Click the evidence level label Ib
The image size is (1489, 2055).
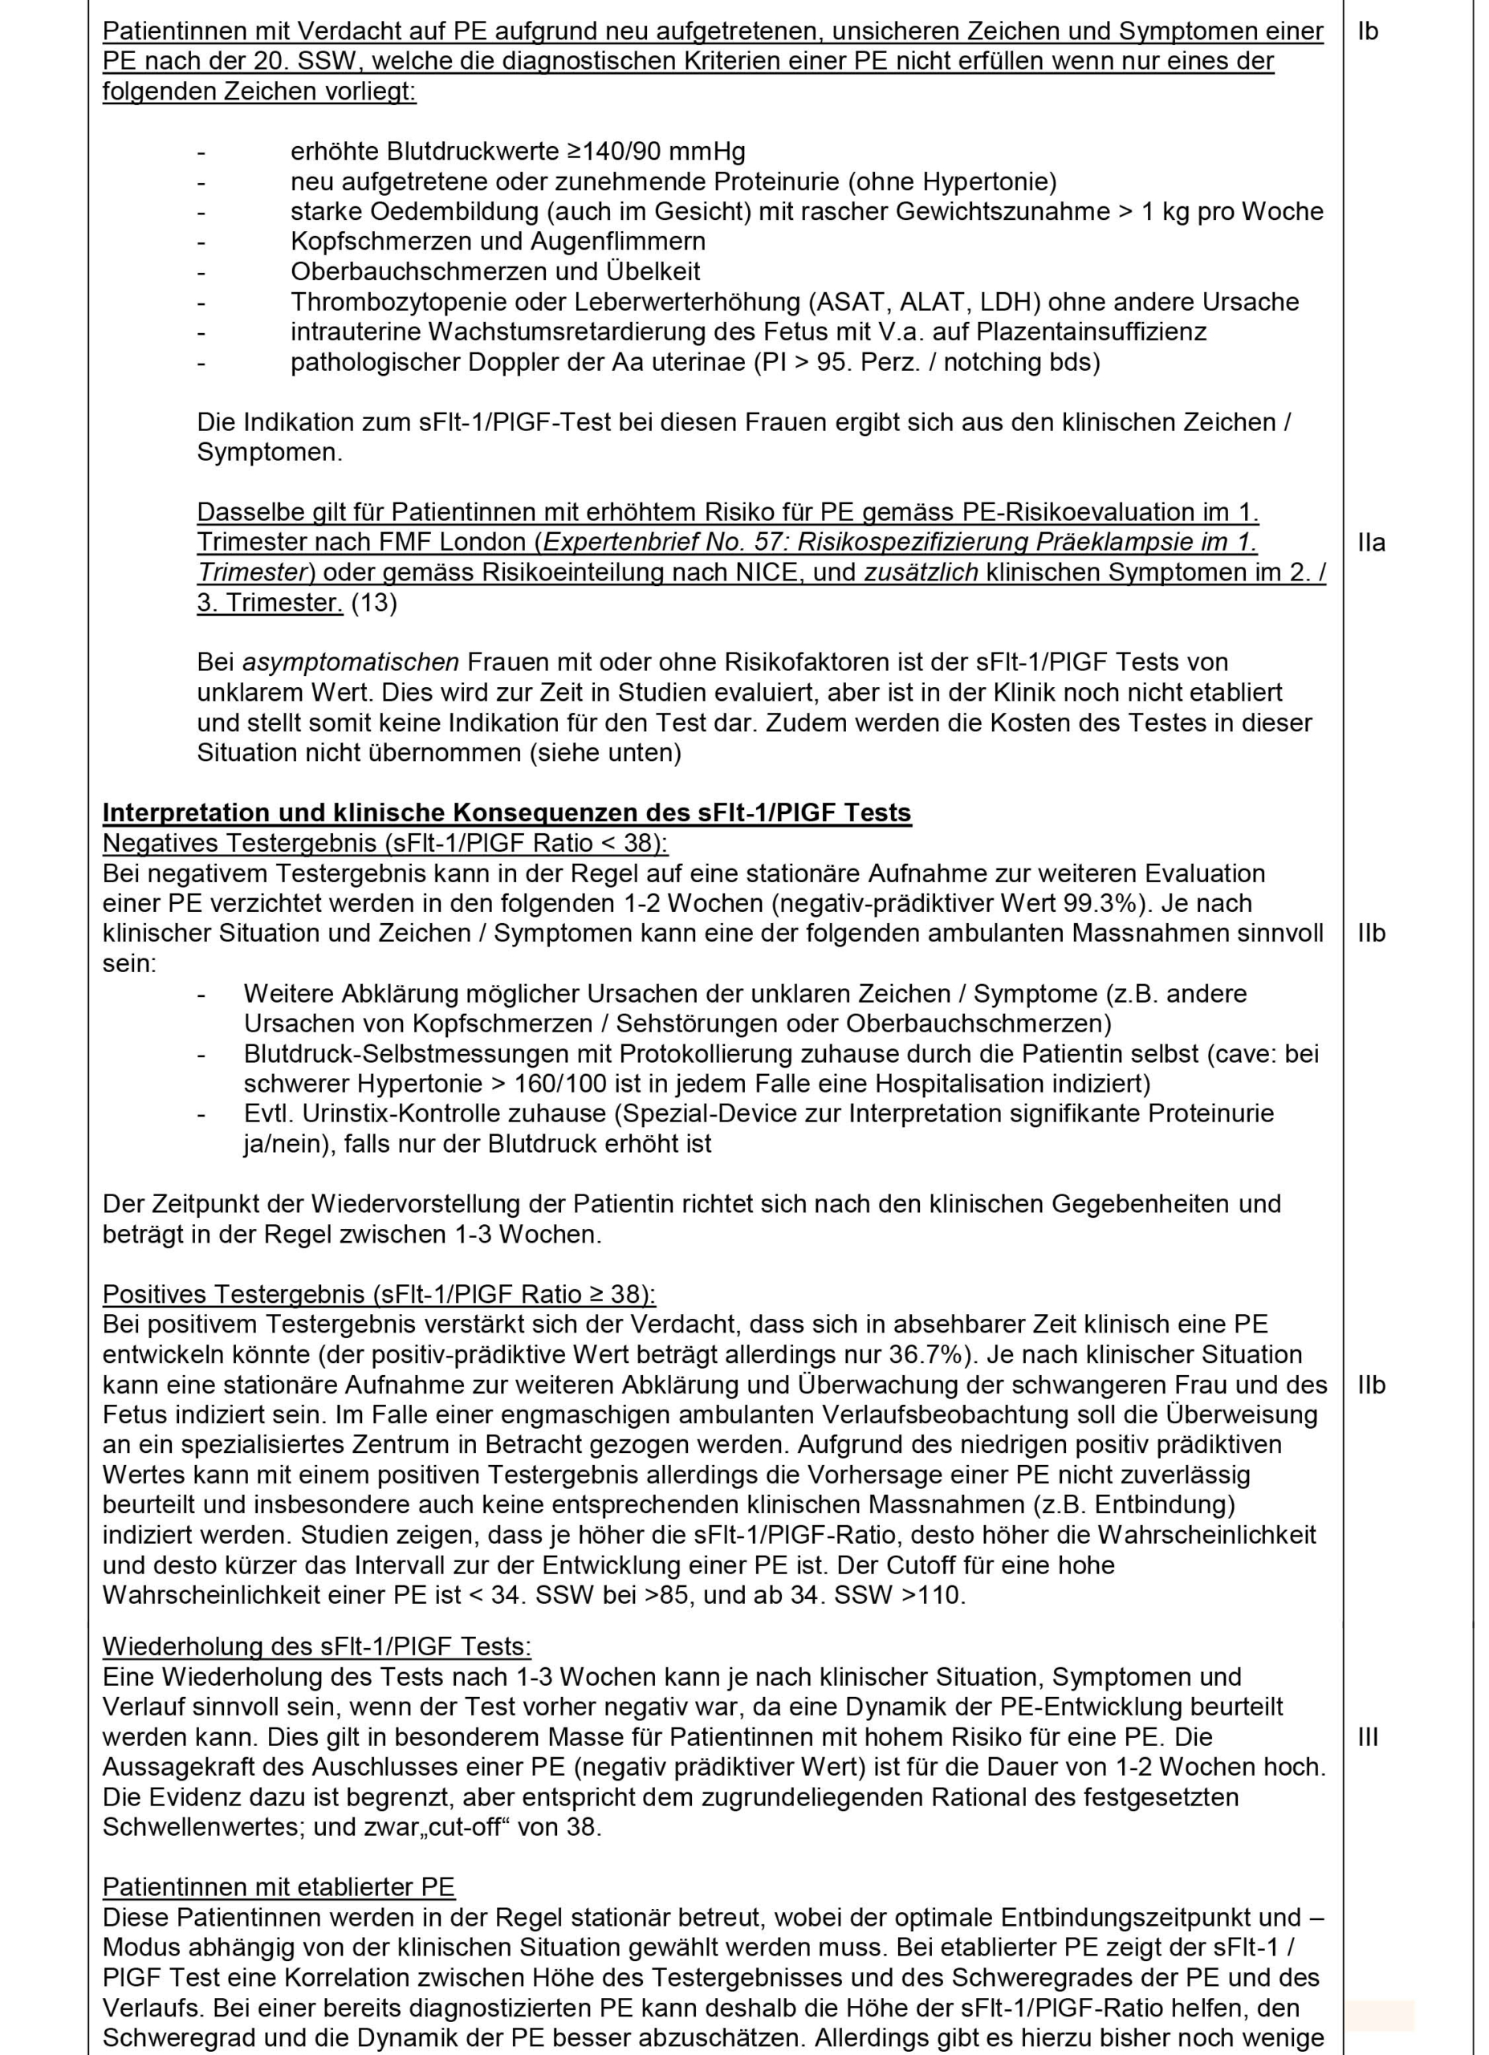(x=1368, y=32)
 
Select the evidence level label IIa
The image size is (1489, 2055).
(x=1372, y=543)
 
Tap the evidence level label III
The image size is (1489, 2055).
(x=1369, y=1737)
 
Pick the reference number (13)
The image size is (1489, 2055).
(x=373, y=603)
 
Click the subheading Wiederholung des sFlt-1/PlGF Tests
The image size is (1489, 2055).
(x=317, y=1646)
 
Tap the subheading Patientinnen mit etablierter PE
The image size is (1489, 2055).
(x=279, y=1887)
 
